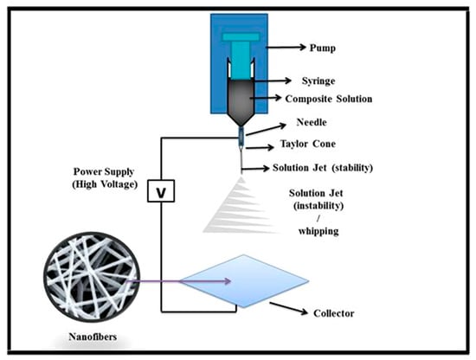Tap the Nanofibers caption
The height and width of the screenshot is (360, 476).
67,343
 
